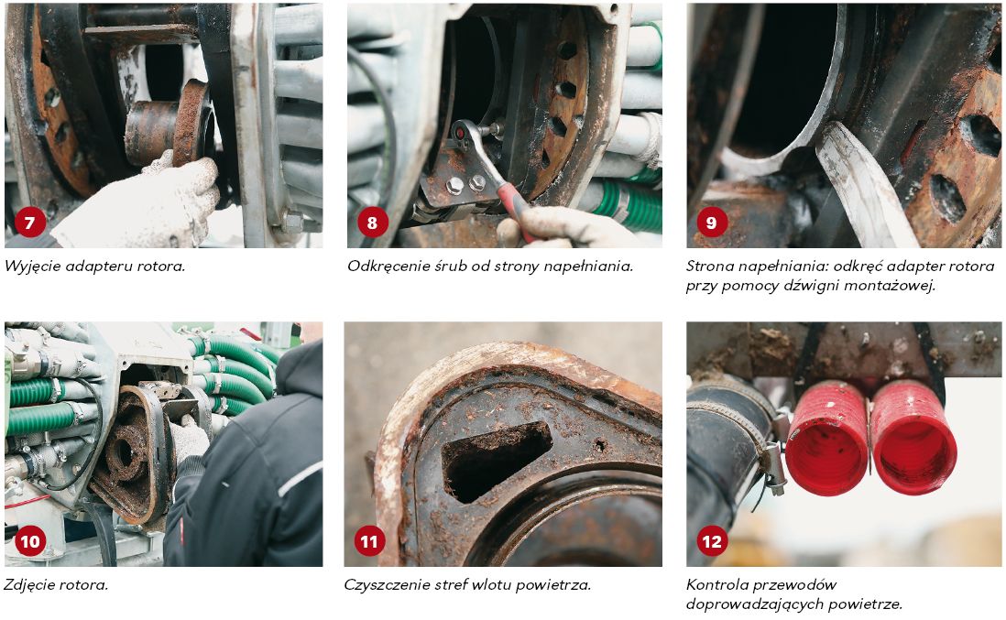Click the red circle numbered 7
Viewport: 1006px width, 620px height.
[x=29, y=223]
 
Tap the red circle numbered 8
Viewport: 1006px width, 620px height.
[x=372, y=223]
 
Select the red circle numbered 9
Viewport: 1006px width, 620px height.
[x=712, y=223]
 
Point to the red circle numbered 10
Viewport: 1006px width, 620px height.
[x=29, y=542]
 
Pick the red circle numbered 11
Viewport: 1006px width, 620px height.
[x=369, y=542]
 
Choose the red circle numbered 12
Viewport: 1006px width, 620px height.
[x=712, y=542]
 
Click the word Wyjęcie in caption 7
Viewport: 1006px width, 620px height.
[x=29, y=266]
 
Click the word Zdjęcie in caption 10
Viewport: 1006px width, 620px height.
[x=29, y=585]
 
